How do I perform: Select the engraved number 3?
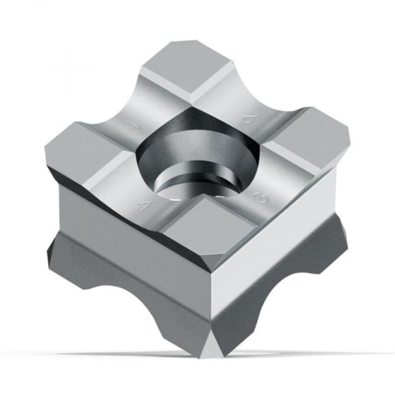tap(261, 197)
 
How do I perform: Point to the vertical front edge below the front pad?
tap(218, 295)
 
